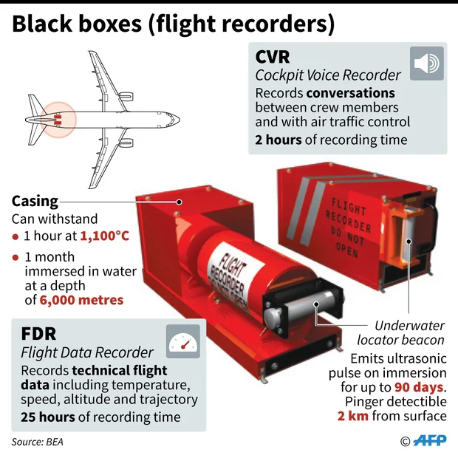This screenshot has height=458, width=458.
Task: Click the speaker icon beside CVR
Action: [427, 64]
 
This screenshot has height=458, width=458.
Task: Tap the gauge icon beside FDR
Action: [183, 341]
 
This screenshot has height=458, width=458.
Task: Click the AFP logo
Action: [429, 441]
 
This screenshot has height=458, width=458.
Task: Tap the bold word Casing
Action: [34, 201]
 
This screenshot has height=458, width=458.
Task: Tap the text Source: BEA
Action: [37, 442]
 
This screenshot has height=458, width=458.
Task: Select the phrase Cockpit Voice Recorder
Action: [328, 75]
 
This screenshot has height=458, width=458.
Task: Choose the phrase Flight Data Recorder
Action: [87, 352]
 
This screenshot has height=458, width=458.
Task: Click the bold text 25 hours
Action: [48, 417]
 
